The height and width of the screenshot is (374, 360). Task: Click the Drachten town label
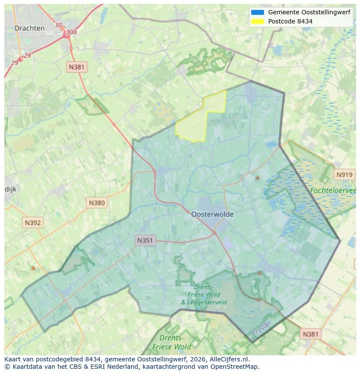pos(29,28)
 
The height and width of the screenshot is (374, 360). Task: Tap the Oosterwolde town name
pos(212,214)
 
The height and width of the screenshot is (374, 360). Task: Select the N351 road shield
pos(145,240)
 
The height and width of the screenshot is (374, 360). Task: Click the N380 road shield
pos(97,202)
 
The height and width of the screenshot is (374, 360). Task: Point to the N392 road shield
pos(33,223)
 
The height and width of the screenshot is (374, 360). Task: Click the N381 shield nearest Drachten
pos(77,67)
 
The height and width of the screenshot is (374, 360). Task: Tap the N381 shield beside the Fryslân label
pos(310,334)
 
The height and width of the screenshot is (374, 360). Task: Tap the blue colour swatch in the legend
pos(257,12)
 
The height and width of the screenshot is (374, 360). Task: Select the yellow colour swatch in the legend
pos(257,21)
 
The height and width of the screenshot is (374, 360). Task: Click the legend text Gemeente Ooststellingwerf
pos(309,12)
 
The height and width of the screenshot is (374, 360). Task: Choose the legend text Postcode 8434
pos(290,21)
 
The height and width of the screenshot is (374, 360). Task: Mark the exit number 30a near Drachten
pos(71,32)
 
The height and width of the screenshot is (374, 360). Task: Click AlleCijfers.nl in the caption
pos(228,359)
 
